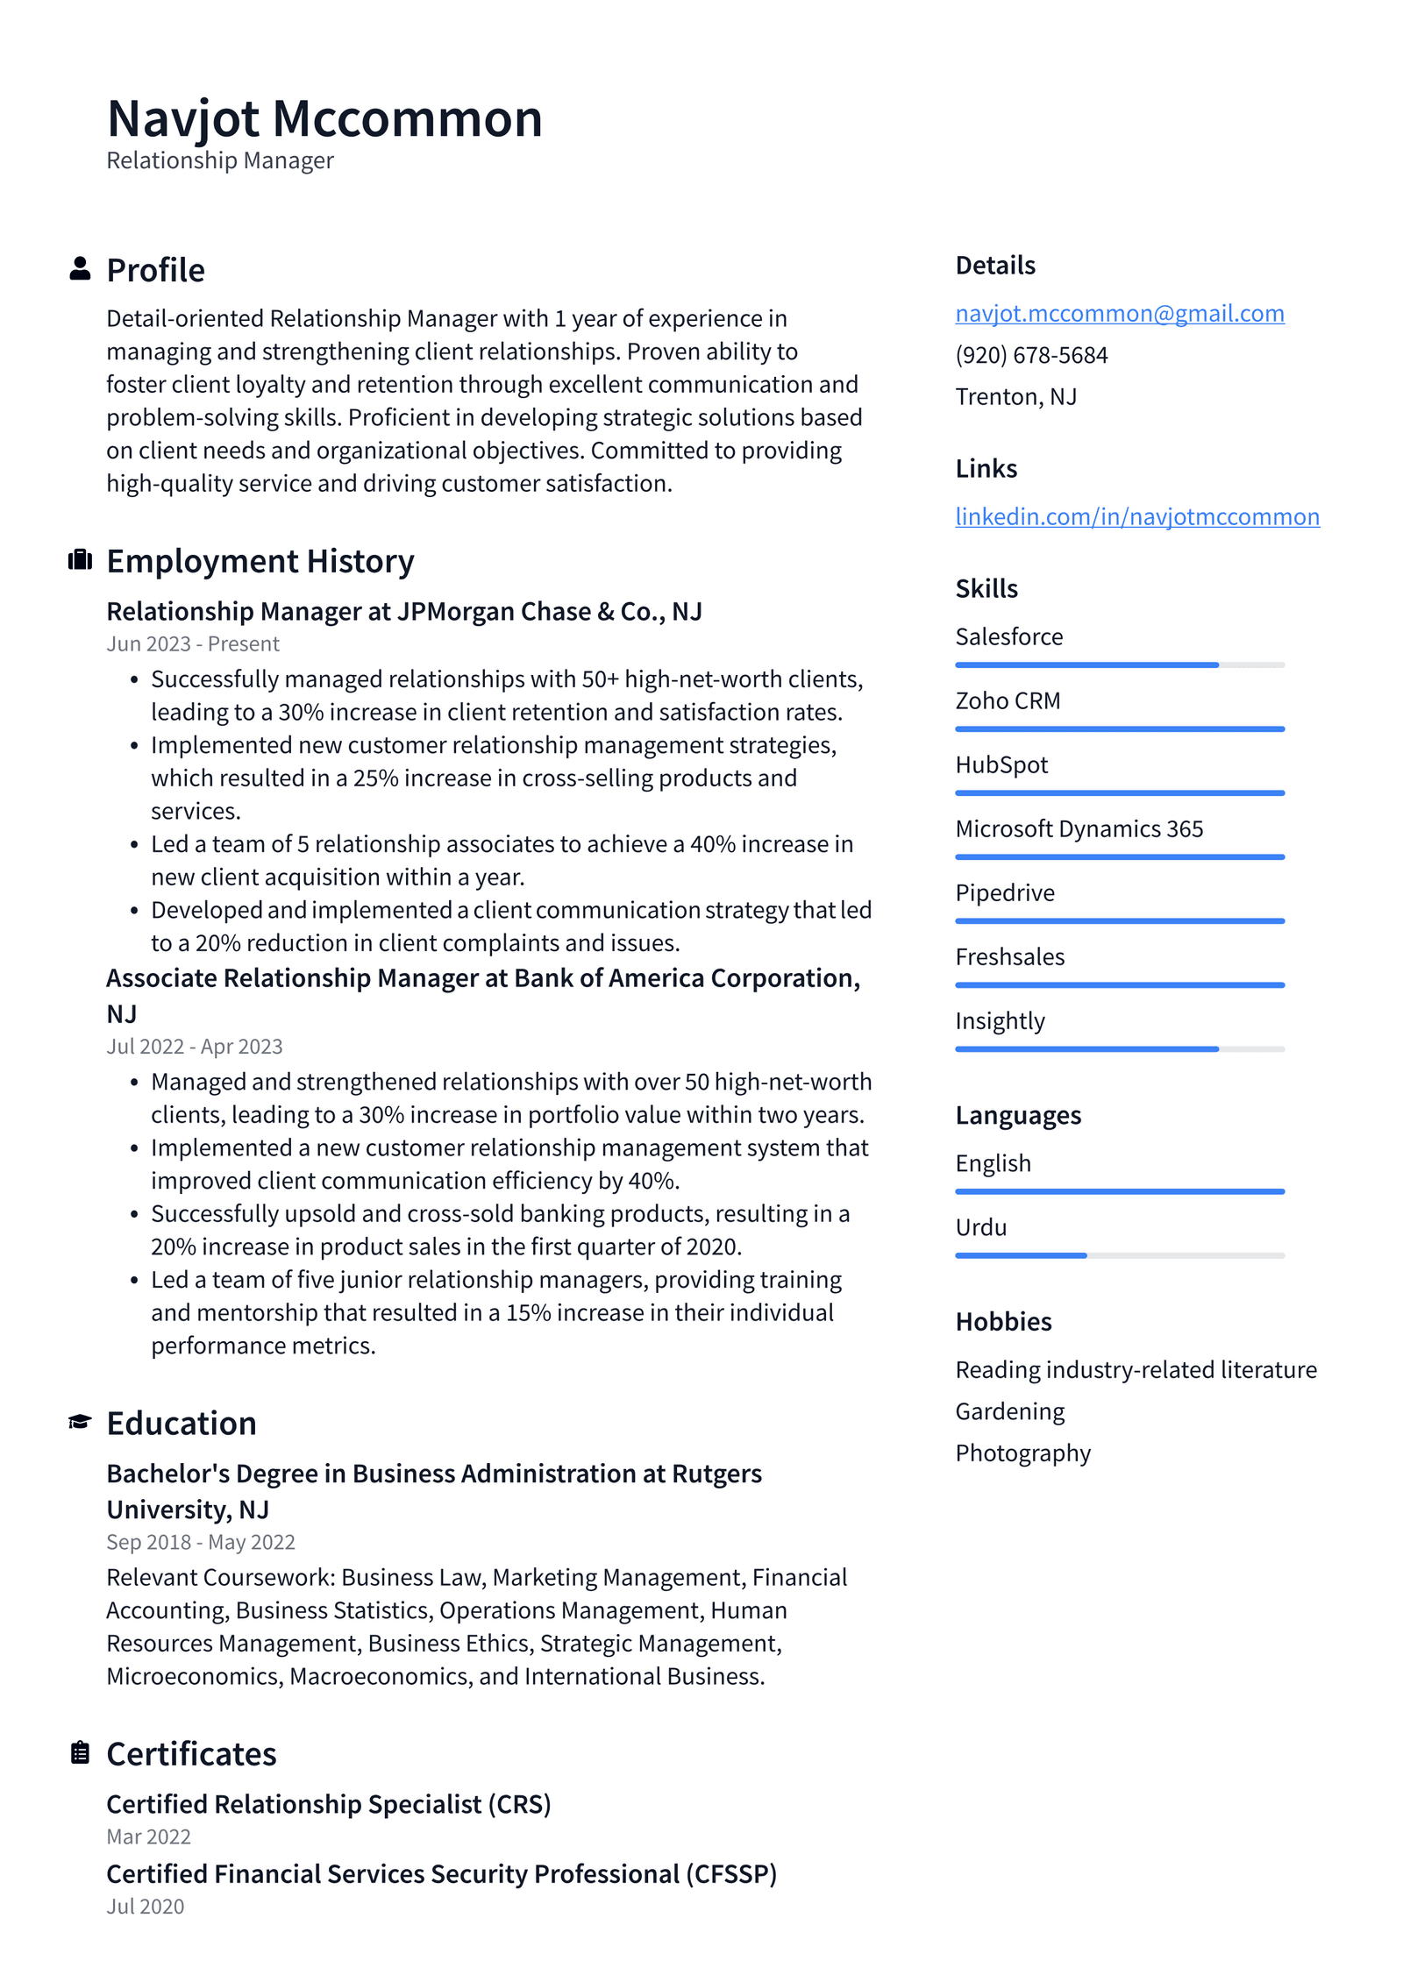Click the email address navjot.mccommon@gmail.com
pos(1119,313)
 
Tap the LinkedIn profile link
pos(1136,516)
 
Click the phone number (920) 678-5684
pos(1031,355)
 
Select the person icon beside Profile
pos(80,269)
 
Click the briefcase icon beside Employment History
pos(80,560)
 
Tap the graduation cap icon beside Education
pos(80,1422)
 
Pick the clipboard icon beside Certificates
pos(80,1752)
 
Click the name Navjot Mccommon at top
pos(324,118)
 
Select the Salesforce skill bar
pos(1119,665)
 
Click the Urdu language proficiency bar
pos(1119,1255)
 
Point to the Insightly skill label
pos(1000,1021)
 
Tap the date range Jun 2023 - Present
pos(193,644)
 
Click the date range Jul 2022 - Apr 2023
pos(195,1047)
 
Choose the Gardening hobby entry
pos(1009,1411)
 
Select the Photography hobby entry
pos(1022,1453)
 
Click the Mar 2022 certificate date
pos(148,1836)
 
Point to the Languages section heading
pos(1017,1115)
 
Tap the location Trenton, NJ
pos(1015,397)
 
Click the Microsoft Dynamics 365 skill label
pos(1079,829)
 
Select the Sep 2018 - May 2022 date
pos(201,1542)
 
